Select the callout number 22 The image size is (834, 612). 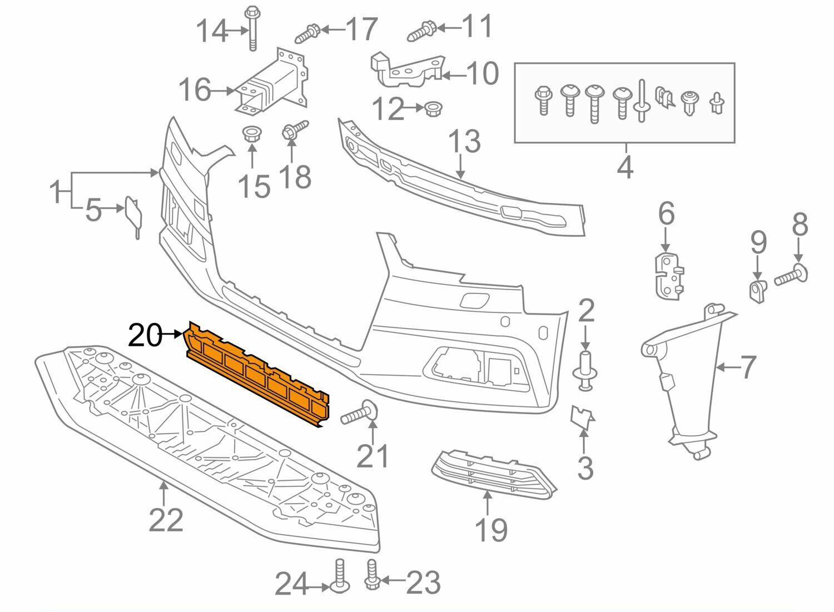166,520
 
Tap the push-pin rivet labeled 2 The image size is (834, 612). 584,369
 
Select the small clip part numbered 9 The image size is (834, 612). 756,290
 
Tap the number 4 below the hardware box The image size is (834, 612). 624,167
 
